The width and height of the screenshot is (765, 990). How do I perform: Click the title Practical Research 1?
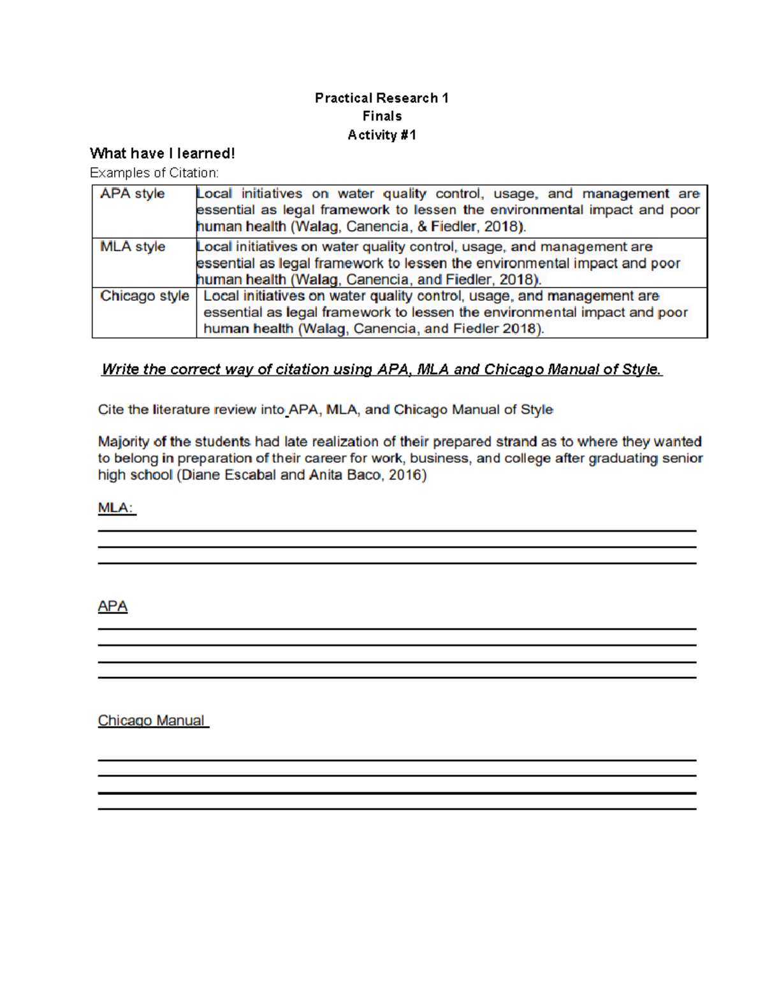coord(381,98)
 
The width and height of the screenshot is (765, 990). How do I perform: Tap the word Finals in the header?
coord(382,116)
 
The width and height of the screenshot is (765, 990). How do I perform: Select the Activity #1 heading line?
coord(382,135)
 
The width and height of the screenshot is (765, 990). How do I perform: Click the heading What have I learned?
coord(163,153)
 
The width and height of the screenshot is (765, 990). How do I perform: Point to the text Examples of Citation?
coord(154,173)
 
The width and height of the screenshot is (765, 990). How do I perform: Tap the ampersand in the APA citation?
coord(421,227)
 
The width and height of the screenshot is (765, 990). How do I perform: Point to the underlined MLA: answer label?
coord(117,508)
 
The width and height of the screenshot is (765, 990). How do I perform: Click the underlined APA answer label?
coord(113,606)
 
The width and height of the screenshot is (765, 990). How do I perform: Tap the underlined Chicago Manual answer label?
coord(152,720)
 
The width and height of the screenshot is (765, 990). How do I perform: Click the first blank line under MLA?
coord(397,530)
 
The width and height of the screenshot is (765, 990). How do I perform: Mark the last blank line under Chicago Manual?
coord(397,809)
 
